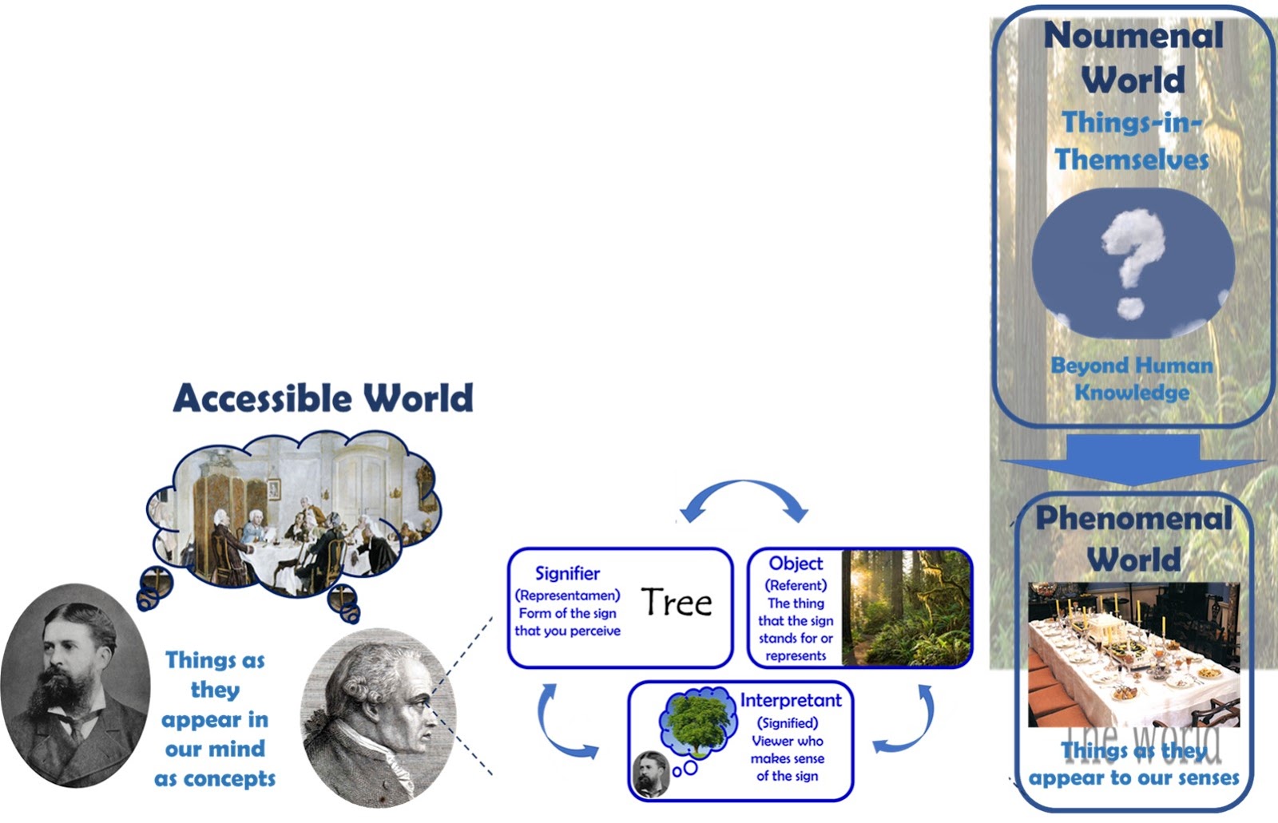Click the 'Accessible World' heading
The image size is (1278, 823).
click(x=323, y=398)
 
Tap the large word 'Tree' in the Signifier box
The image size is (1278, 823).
click(x=677, y=602)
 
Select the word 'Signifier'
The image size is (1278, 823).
click(x=567, y=573)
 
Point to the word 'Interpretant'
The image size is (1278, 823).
click(x=790, y=700)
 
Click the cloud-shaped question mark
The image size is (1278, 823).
click(x=1133, y=263)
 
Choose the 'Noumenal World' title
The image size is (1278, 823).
click(x=1133, y=57)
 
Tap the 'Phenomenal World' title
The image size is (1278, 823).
click(x=1133, y=538)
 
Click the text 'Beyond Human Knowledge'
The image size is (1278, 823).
click(x=1132, y=378)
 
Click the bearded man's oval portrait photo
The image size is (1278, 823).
click(x=75, y=686)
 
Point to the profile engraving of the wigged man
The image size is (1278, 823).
click(x=379, y=718)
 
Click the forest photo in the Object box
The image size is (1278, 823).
click(x=907, y=607)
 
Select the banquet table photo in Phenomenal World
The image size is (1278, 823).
click(x=1133, y=655)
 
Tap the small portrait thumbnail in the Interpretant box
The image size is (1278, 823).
click(x=652, y=774)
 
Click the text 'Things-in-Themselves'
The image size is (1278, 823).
click(x=1132, y=140)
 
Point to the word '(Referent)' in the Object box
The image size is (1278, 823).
click(x=796, y=585)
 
